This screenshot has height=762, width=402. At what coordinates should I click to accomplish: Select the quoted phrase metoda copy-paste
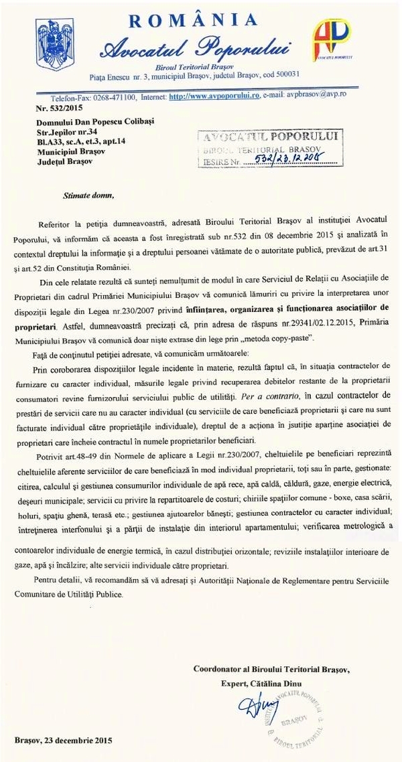(277, 341)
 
